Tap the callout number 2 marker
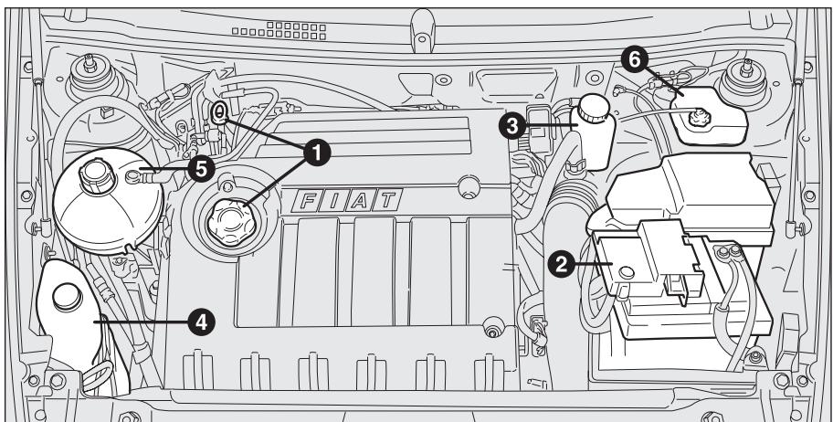click(560, 262)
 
